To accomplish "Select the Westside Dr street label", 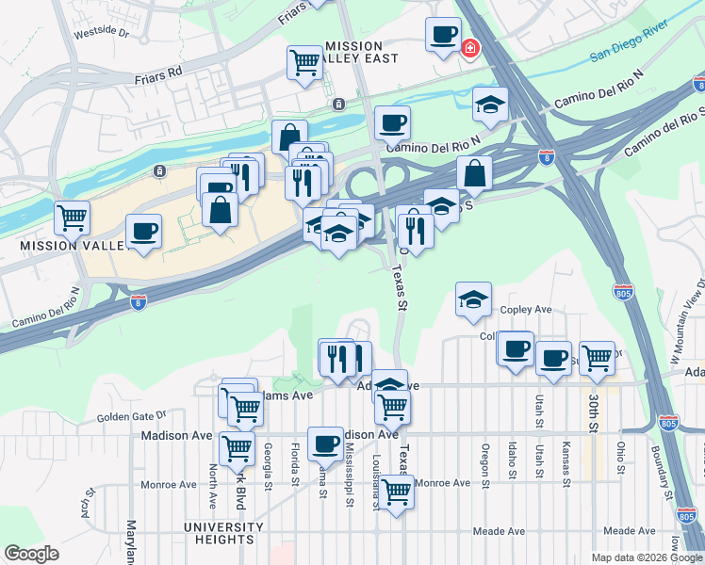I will pyautogui.click(x=102, y=31).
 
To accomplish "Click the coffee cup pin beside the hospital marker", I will pyautogui.click(x=443, y=36).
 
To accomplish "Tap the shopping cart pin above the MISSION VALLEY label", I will pyautogui.click(x=72, y=218).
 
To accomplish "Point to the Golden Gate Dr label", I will pyautogui.click(x=131, y=415).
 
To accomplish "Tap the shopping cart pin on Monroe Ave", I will pyautogui.click(x=397, y=492).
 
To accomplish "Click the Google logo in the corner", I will pyautogui.click(x=32, y=554).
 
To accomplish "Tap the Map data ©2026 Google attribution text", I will pyautogui.click(x=647, y=557).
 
